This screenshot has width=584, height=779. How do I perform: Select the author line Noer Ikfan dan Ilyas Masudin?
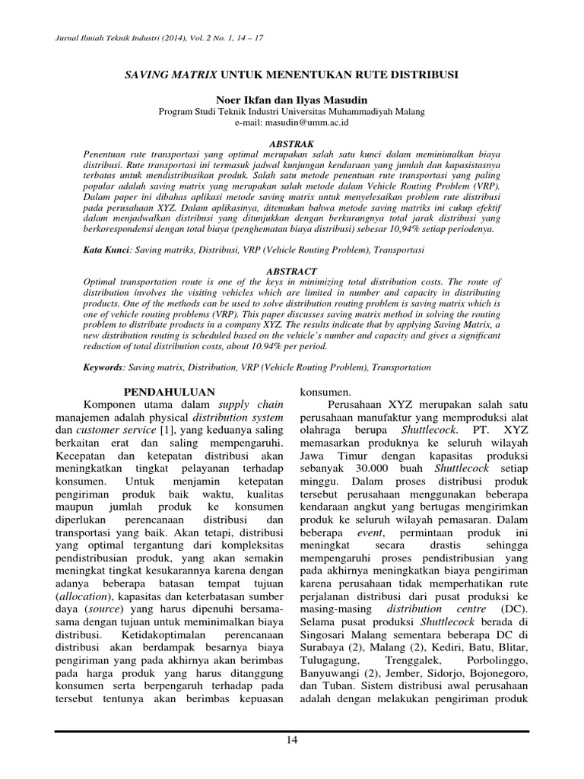click(x=291, y=100)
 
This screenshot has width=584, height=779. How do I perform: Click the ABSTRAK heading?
click(x=292, y=142)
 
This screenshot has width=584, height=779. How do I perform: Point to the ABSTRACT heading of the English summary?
click(x=292, y=270)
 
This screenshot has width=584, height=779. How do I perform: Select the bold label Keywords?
click(x=104, y=367)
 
